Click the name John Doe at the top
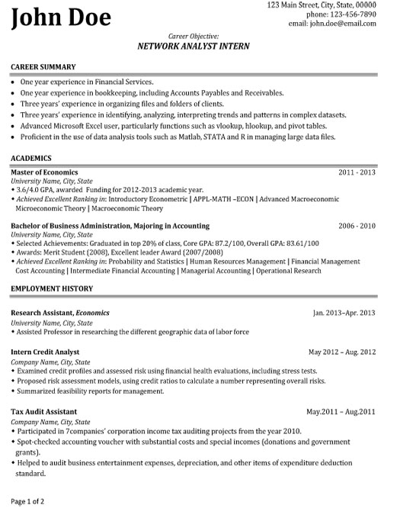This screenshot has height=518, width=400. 61,17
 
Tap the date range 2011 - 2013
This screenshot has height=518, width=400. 357,172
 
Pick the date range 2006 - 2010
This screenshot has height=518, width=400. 357,227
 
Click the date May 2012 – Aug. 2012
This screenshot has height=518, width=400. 341,352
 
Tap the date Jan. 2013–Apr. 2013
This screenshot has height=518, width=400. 344,313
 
